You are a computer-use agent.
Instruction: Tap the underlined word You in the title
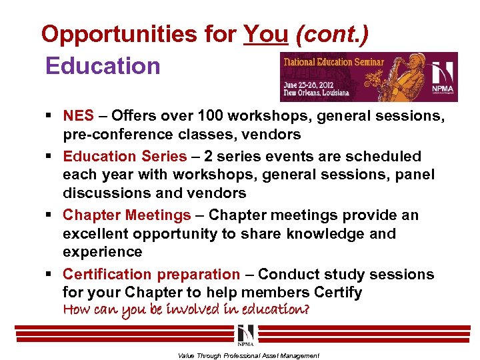(x=265, y=34)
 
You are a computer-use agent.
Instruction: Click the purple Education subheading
(x=103, y=65)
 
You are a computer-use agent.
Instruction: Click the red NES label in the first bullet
(x=79, y=115)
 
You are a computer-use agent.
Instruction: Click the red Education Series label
(x=125, y=157)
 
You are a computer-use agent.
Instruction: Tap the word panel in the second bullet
(x=415, y=175)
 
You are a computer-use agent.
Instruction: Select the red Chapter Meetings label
(x=127, y=215)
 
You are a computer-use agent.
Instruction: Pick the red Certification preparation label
(x=151, y=274)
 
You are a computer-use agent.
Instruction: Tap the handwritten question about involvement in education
(x=186, y=310)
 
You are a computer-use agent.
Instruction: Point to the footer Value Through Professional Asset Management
(x=249, y=356)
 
